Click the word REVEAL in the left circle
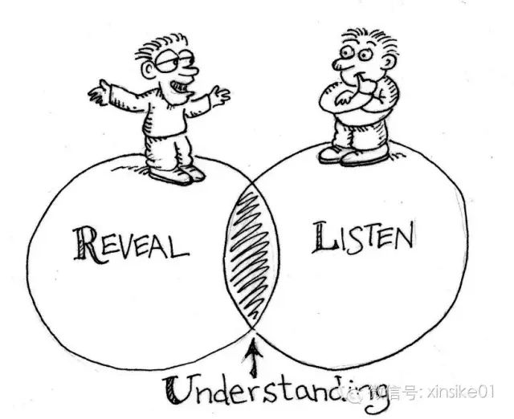(131, 245)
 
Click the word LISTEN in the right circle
(363, 238)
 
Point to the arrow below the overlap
(253, 358)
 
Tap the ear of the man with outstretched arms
(148, 69)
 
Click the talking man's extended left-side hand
(98, 92)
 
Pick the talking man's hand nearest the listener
(219, 95)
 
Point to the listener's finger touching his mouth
(363, 83)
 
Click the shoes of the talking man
(177, 175)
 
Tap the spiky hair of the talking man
(161, 46)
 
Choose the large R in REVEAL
(86, 245)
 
